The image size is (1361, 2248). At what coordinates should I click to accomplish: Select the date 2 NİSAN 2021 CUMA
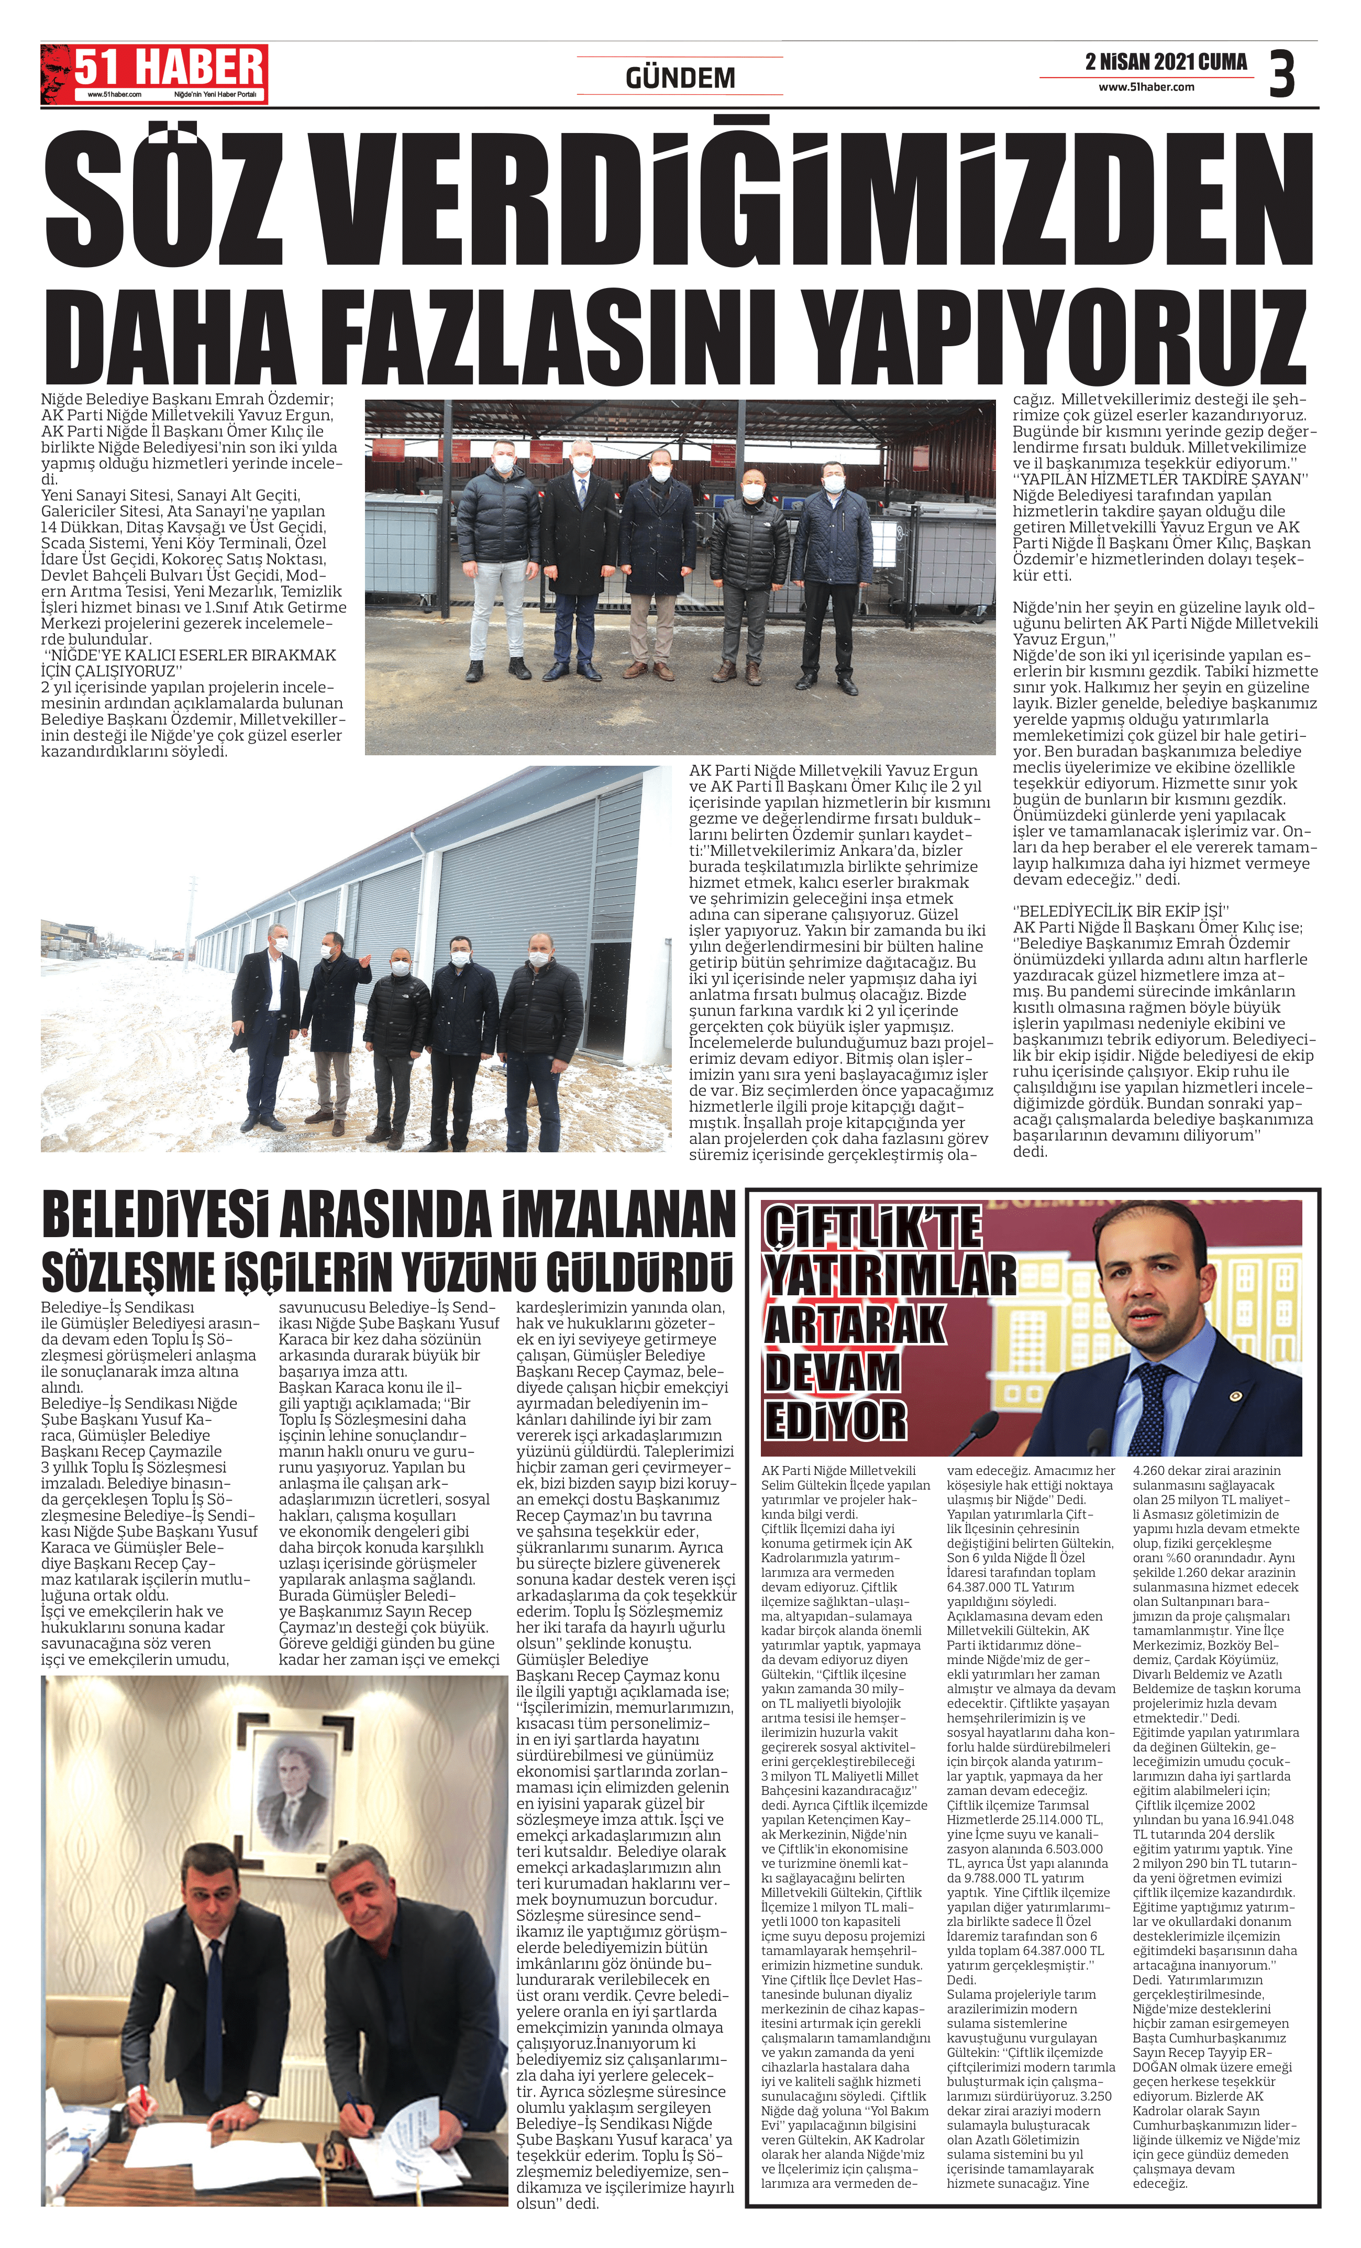coord(1166,62)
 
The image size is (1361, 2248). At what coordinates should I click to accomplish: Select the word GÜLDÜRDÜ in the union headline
coord(638,1273)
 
